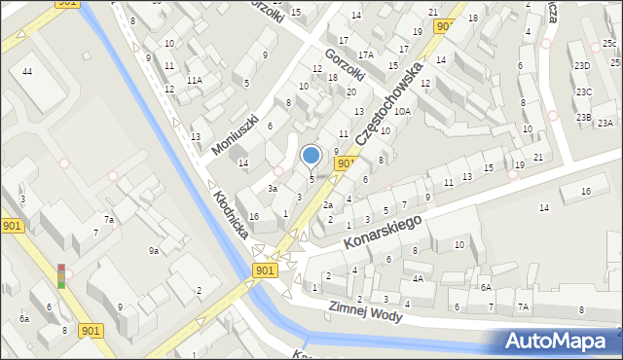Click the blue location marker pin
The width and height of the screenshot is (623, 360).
(311, 155)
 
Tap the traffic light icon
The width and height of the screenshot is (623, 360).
(62, 275)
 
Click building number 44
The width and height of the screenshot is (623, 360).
(27, 73)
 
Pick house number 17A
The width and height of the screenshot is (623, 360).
(365, 54)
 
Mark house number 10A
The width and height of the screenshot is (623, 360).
(402, 112)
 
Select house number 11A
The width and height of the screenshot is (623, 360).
(195, 80)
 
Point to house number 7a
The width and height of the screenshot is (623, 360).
(110, 220)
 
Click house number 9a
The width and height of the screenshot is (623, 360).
(154, 251)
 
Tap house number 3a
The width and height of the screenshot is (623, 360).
(274, 189)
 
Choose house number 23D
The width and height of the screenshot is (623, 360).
(582, 65)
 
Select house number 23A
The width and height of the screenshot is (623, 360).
(605, 123)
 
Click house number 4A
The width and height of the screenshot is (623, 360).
(418, 278)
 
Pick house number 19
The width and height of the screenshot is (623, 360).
(520, 165)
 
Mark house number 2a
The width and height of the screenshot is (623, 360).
(328, 205)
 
